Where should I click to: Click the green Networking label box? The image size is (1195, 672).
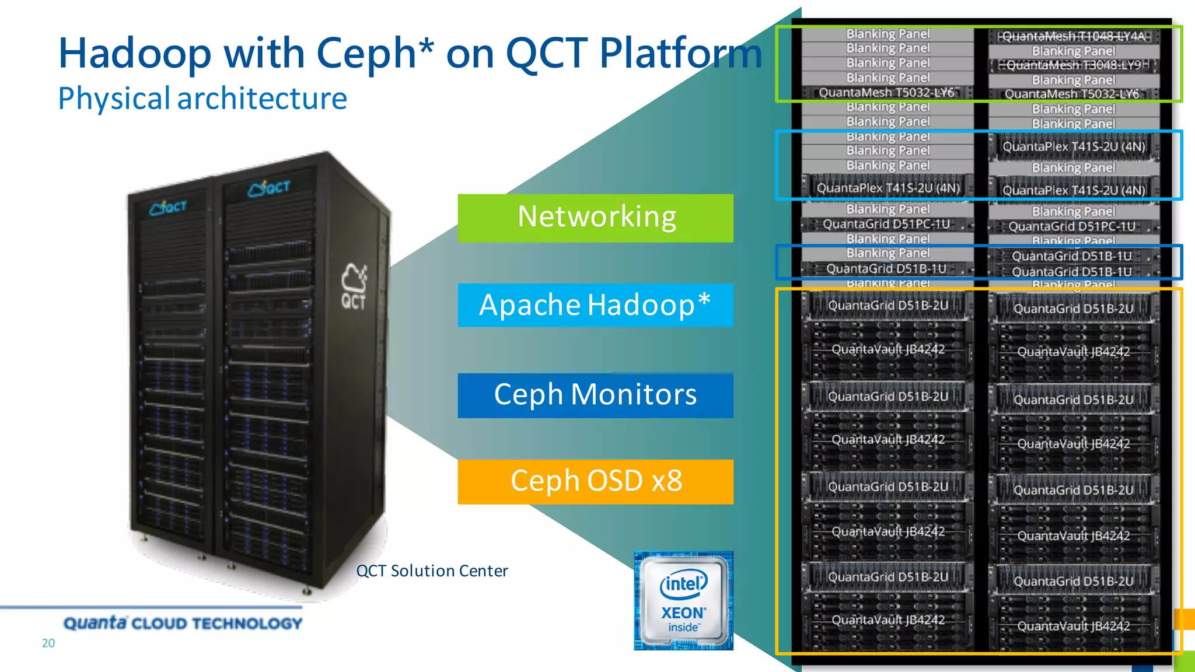(x=595, y=218)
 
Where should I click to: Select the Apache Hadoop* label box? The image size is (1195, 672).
(x=595, y=305)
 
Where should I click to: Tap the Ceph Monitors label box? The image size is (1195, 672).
(x=595, y=395)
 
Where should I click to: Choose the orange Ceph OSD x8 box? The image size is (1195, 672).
(x=595, y=481)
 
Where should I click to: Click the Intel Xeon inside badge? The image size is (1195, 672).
(x=683, y=601)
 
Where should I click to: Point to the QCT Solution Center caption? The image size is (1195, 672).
(x=432, y=570)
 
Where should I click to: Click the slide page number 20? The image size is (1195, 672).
(x=48, y=643)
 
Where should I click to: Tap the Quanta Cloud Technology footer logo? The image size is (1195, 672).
(x=183, y=623)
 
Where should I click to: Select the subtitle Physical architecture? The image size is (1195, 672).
(x=202, y=98)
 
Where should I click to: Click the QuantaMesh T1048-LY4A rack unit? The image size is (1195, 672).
(x=1074, y=36)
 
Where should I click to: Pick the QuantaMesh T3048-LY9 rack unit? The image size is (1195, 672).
(x=1074, y=65)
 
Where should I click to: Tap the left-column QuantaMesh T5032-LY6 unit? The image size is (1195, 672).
(x=887, y=93)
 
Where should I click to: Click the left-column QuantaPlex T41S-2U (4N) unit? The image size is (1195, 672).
(x=888, y=188)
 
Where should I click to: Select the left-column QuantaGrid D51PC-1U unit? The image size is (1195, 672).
(x=887, y=224)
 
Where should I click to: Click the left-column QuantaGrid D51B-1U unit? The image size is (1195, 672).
(x=887, y=268)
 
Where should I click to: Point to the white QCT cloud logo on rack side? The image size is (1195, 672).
(x=354, y=286)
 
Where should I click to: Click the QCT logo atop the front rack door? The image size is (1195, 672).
(x=269, y=188)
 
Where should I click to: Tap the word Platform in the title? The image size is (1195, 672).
(x=680, y=54)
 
